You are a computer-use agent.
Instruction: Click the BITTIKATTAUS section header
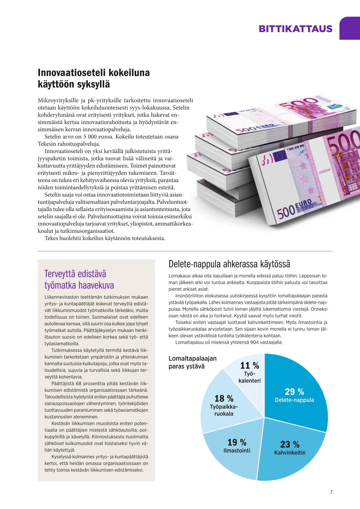pos(295,29)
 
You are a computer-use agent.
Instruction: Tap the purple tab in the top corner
pos(350,28)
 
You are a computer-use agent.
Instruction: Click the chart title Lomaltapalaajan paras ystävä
pos(192,362)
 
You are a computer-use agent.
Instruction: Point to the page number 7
pos(331,492)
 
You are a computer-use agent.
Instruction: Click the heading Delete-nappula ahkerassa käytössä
pos(229,264)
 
